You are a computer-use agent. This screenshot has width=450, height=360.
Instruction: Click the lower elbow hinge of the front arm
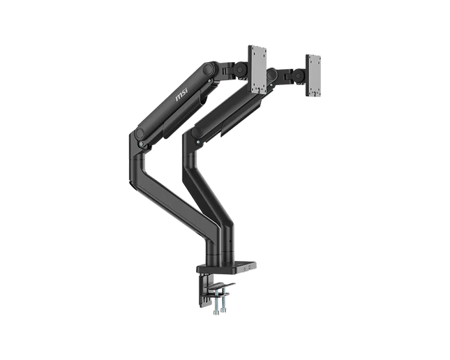141,145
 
